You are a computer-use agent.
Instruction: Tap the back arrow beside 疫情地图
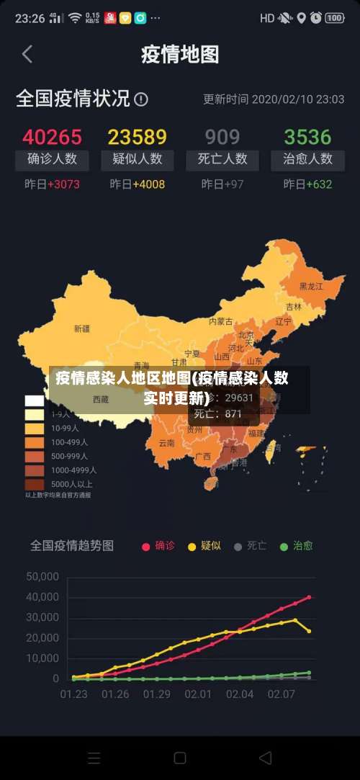(x=27, y=54)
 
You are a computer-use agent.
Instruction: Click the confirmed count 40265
(x=52, y=136)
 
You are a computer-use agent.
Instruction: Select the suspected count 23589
(x=137, y=136)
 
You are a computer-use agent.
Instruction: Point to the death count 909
(x=222, y=136)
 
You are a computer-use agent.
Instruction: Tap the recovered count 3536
(x=307, y=136)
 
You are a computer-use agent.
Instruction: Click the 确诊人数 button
(x=52, y=159)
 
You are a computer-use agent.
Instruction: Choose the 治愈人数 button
(x=307, y=159)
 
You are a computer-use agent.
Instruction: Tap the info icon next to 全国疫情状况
(x=141, y=99)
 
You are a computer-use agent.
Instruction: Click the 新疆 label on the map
(x=82, y=328)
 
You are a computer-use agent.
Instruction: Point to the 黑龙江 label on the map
(x=312, y=286)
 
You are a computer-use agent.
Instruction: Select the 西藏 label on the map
(x=100, y=398)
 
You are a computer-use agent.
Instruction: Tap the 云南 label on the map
(x=166, y=443)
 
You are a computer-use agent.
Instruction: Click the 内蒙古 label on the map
(x=221, y=321)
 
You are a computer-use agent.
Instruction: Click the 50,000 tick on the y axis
(x=42, y=576)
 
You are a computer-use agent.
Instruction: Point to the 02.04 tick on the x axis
(x=240, y=694)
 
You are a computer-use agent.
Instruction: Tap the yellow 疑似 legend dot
(x=192, y=547)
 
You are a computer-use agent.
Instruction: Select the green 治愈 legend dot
(x=284, y=547)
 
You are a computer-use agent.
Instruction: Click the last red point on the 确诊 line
(x=309, y=597)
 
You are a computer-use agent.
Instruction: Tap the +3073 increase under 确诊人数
(x=63, y=184)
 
